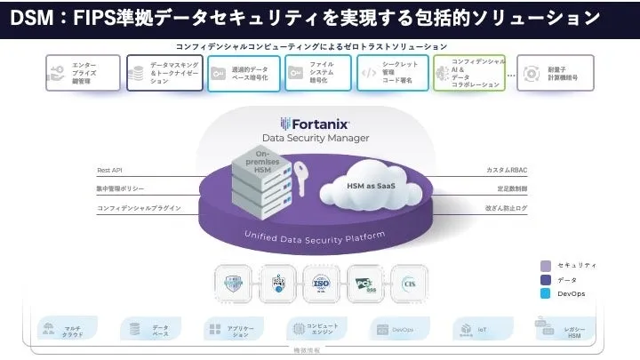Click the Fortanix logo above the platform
pyautogui.click(x=315, y=124)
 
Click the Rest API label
pyautogui.click(x=110, y=169)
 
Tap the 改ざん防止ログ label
pyautogui.click(x=507, y=208)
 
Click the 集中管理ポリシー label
pyautogui.click(x=121, y=188)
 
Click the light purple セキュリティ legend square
pyautogui.click(x=545, y=265)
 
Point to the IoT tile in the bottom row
pyautogui.click(x=474, y=330)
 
